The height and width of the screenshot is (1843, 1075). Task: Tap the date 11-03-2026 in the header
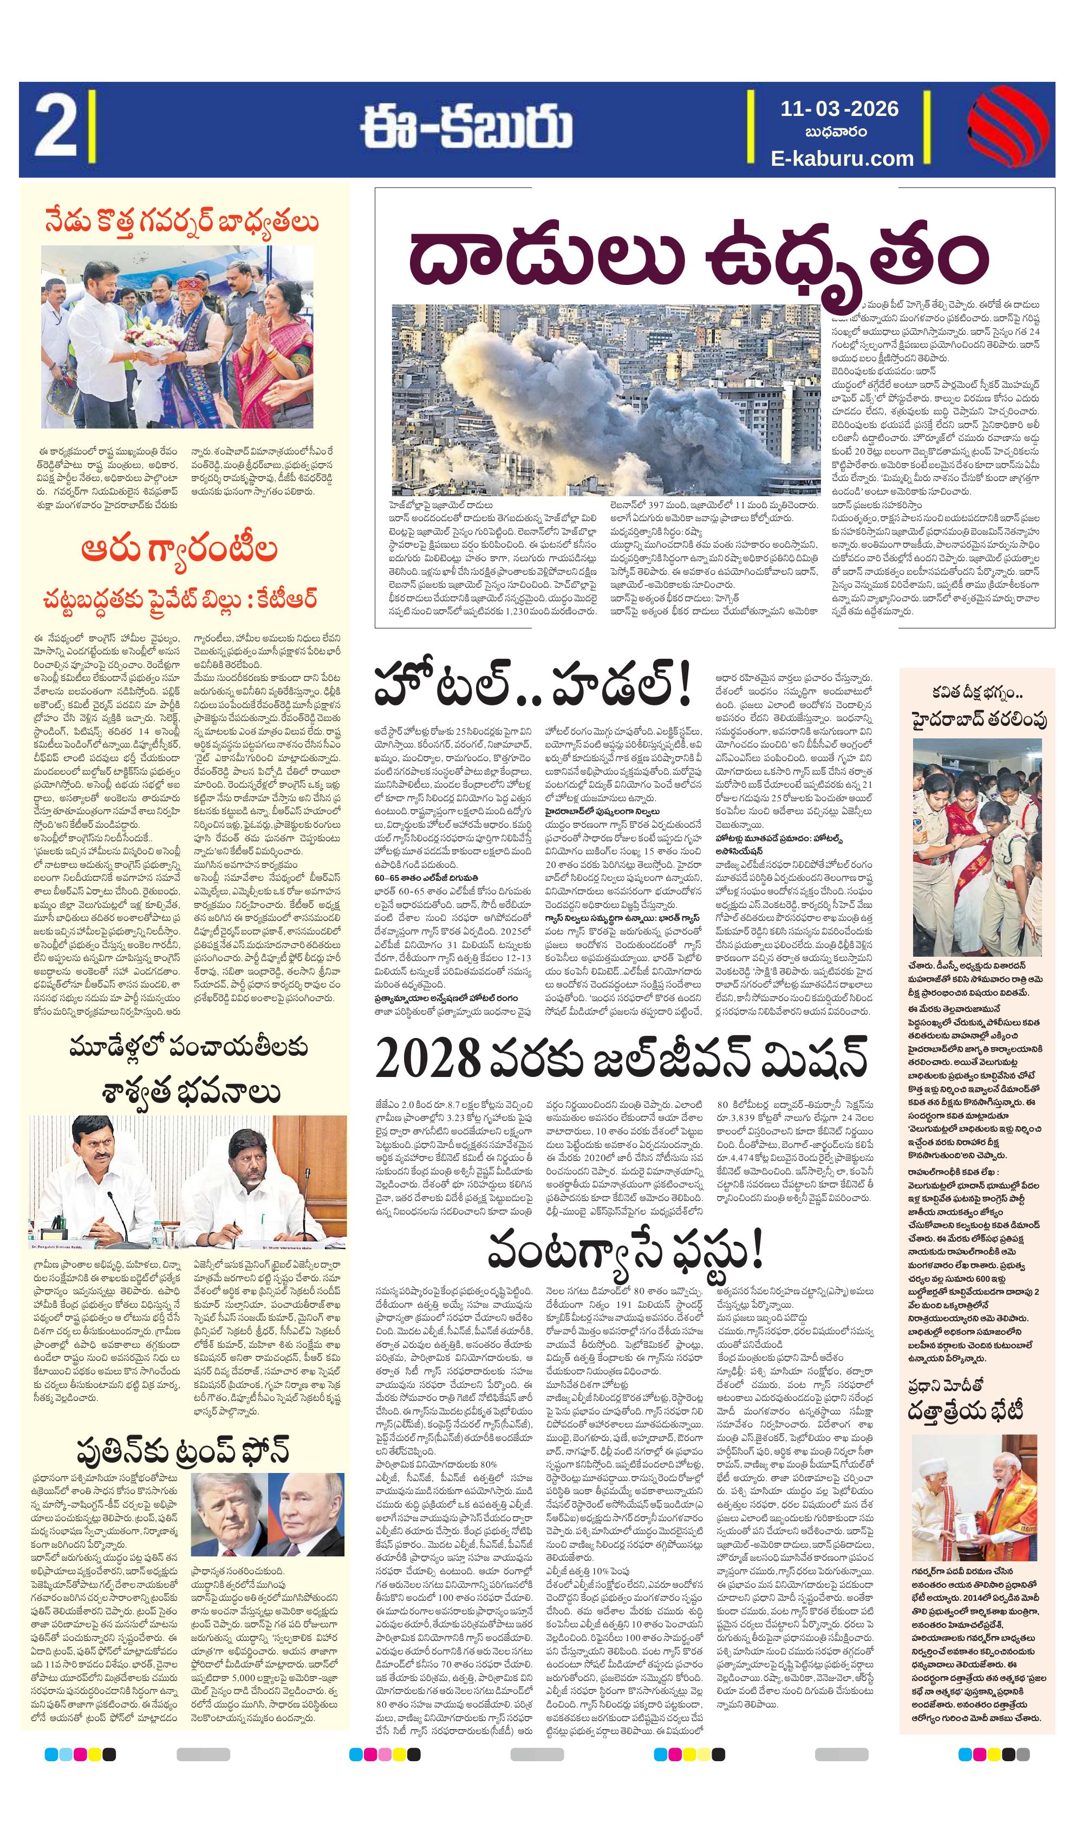point(839,109)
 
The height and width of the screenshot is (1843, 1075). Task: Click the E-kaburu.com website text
point(842,158)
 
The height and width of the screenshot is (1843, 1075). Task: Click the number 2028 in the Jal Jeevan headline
point(428,1059)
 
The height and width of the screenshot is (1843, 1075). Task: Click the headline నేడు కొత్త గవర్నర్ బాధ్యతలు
point(181,222)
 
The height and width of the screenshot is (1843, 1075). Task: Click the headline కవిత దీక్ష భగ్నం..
point(975,692)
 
